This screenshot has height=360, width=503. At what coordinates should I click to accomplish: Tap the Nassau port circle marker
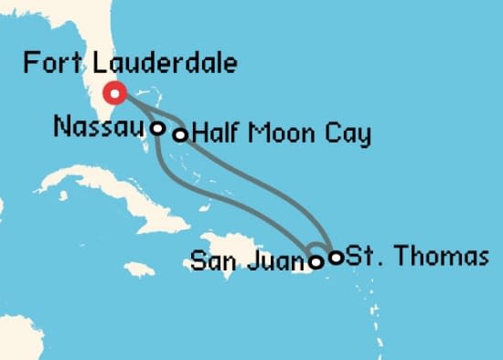pyautogui.click(x=158, y=128)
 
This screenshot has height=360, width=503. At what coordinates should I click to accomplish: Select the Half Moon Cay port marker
pyautogui.click(x=181, y=135)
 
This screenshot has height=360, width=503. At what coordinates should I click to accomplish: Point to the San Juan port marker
pyautogui.click(x=316, y=262)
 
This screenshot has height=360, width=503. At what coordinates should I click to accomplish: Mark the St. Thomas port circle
pyautogui.click(x=336, y=257)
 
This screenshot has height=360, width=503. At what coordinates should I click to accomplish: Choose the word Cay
pyautogui.click(x=348, y=136)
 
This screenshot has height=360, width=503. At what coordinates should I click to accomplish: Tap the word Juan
pyautogui.click(x=270, y=263)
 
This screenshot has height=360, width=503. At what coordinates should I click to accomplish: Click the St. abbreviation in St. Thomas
pyautogui.click(x=361, y=257)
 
